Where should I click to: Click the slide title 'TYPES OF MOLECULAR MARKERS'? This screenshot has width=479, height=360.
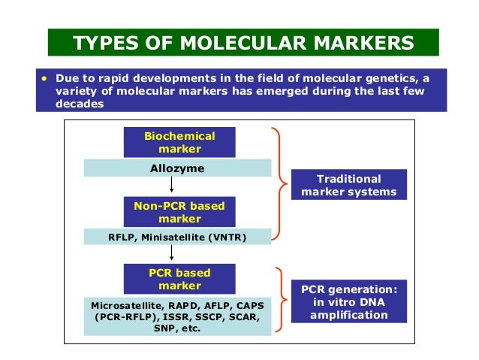click(243, 42)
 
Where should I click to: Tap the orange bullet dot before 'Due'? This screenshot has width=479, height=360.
click(44, 77)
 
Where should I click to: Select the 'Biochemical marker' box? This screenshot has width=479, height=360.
click(179, 142)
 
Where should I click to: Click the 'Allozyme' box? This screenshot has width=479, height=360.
click(177, 168)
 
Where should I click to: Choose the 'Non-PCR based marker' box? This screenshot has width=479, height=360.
click(179, 212)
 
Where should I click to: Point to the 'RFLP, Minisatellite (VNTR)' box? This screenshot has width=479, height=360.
click(176, 238)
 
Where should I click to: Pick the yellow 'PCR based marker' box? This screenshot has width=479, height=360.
click(179, 280)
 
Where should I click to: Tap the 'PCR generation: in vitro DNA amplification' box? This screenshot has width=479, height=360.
click(348, 301)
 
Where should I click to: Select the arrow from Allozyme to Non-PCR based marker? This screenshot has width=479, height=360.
click(173, 186)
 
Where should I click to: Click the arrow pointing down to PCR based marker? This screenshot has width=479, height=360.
click(173, 256)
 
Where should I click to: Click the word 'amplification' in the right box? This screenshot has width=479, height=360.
click(349, 314)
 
